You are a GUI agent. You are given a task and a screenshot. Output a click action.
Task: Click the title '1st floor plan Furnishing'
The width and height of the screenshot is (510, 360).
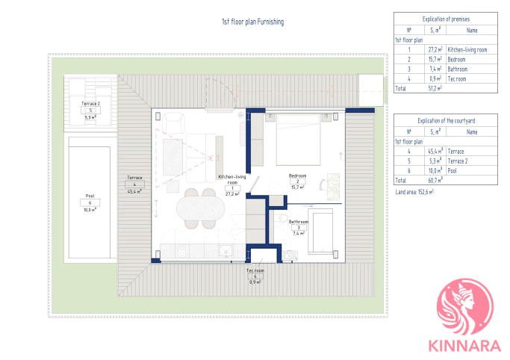click(252, 22)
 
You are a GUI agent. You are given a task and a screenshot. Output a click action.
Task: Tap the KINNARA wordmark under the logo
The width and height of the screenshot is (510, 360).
click(464, 346)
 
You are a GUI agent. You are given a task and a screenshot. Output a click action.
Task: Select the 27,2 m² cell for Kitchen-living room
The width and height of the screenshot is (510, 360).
click(435, 50)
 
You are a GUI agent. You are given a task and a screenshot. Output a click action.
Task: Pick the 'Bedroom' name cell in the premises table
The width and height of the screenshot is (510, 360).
click(456, 60)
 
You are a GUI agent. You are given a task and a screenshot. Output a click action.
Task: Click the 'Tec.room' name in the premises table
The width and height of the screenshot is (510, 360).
click(457, 79)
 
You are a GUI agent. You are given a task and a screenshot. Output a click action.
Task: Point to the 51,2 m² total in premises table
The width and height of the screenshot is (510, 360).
click(435, 88)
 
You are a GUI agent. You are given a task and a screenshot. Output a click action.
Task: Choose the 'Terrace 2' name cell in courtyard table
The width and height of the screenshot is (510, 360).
click(458, 161)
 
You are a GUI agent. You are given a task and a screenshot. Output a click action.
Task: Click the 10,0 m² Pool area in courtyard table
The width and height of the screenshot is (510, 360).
click(435, 171)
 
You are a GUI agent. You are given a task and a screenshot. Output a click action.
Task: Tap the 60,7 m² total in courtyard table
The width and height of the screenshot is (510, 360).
click(435, 181)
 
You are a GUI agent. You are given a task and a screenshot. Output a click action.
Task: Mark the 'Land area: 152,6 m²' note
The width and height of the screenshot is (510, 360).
click(414, 192)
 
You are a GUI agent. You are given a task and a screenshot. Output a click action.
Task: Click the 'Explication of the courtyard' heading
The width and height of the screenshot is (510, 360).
click(447, 121)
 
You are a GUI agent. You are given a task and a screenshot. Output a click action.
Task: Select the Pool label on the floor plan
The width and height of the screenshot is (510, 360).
click(90, 196)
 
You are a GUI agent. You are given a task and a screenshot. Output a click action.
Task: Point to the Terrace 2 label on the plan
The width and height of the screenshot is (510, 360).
click(91, 103)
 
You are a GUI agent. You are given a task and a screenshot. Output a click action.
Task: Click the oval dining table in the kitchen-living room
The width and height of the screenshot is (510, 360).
click(200, 208)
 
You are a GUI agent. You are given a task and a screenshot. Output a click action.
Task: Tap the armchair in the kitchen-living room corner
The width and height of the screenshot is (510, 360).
click(174, 122)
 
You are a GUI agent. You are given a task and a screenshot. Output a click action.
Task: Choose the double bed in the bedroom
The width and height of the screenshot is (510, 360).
click(298, 140)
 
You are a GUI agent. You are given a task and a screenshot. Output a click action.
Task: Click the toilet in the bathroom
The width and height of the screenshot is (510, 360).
click(282, 218)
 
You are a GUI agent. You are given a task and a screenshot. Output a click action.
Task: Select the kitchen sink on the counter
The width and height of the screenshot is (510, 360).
click(226, 251)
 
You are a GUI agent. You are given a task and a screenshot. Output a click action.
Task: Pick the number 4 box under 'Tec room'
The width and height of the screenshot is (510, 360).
click(255, 276)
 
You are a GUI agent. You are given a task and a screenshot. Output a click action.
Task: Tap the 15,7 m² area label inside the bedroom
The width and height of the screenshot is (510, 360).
click(298, 187)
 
